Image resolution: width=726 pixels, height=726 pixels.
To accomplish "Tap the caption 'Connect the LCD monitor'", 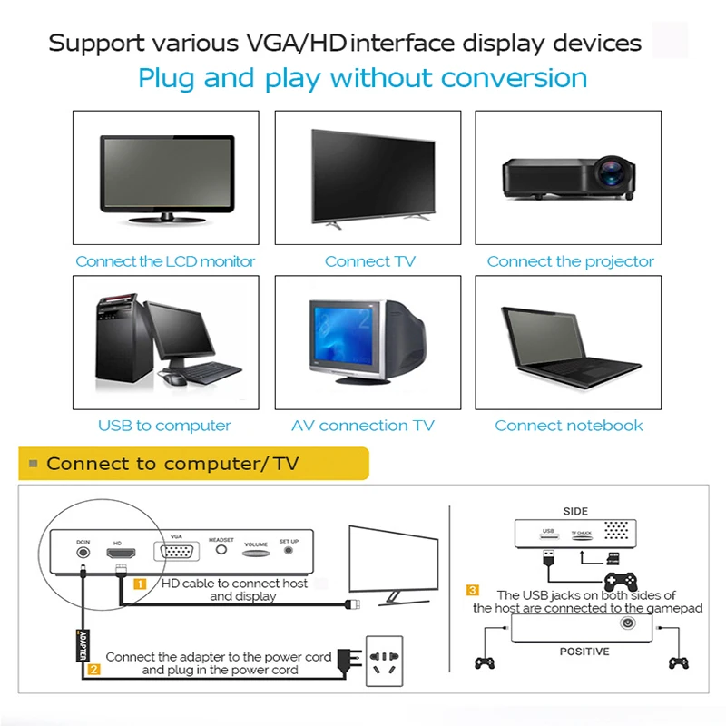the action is coord(165,261).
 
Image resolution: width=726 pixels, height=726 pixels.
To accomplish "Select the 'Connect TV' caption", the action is coord(369,261).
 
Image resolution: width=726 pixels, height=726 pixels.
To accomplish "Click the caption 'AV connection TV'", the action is coord(363,425).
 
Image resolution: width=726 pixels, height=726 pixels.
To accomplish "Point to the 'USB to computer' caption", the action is coord(164,425).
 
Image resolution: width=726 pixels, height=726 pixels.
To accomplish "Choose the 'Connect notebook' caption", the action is coord(568,425).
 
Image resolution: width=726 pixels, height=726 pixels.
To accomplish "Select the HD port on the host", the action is coord(117,554).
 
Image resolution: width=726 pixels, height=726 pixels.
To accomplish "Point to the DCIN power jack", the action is coord(83,553).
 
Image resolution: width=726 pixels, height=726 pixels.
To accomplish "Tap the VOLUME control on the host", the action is coord(256,552).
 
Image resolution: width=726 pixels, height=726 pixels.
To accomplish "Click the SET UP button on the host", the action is coord(289,550).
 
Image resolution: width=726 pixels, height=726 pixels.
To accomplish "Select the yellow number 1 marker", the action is coord(141,584).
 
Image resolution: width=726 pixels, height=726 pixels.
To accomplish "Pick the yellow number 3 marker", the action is coord(473,591).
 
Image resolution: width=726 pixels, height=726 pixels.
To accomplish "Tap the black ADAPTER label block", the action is coord(83,643).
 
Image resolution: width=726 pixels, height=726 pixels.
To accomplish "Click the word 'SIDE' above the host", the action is coord(575,511).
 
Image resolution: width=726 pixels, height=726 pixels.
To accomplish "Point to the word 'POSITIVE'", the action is coord(584,651).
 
